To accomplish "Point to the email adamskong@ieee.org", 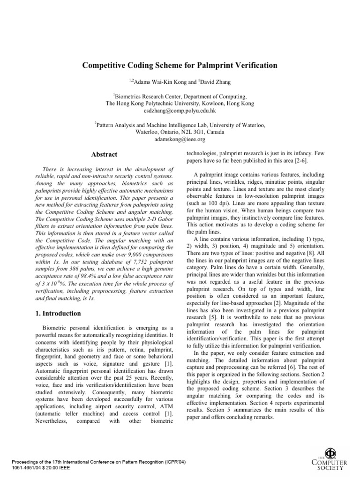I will tap(180, 139).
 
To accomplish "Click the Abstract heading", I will tap(104, 155).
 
